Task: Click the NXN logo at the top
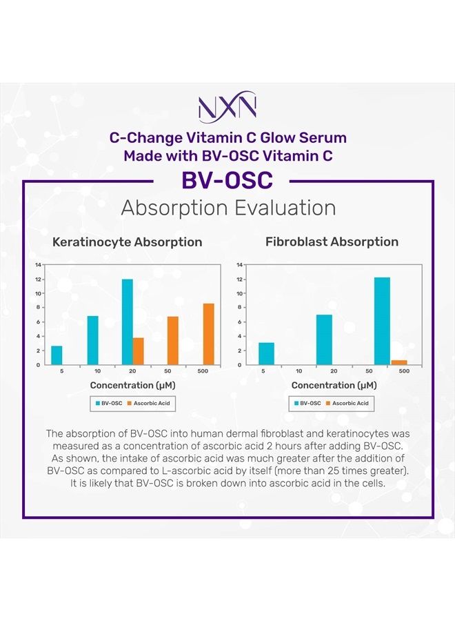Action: (228, 107)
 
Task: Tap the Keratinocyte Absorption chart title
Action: (128, 242)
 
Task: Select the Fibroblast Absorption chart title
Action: (332, 242)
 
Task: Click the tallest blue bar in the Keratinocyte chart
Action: (127, 322)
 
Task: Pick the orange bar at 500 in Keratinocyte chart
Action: (208, 334)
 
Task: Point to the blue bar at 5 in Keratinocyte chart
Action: (57, 355)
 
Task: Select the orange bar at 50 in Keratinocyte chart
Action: (173, 340)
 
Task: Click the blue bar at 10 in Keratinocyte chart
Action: (92, 340)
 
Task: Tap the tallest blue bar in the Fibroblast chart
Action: (382, 321)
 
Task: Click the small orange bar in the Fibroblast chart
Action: (399, 362)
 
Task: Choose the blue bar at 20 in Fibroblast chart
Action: (324, 339)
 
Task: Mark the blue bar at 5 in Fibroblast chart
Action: (266, 353)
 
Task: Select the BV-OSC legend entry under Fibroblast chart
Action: (307, 402)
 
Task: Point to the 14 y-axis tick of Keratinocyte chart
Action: (39, 265)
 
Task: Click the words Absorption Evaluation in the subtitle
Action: (228, 208)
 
